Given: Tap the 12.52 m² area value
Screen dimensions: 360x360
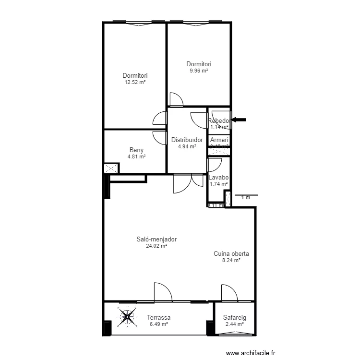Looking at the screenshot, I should click(135, 82).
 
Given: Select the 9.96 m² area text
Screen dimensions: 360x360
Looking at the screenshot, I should click(199, 71).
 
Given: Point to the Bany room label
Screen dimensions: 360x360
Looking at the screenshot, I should click(136, 150).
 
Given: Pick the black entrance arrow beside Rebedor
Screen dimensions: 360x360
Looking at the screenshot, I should click(239, 120).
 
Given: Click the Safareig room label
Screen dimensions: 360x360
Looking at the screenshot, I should click(234, 318).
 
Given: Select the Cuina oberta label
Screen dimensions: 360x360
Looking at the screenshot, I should click(231, 254).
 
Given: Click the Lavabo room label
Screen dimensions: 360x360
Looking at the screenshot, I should click(219, 177).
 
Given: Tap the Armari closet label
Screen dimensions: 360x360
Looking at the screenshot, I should click(219, 140).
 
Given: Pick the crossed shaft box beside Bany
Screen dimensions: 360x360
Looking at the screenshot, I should click(111, 169).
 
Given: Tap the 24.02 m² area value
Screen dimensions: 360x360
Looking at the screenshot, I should click(156, 246).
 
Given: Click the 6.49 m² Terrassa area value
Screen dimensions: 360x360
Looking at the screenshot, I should click(158, 324).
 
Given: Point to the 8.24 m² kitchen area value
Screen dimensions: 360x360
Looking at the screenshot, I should click(231, 261).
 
